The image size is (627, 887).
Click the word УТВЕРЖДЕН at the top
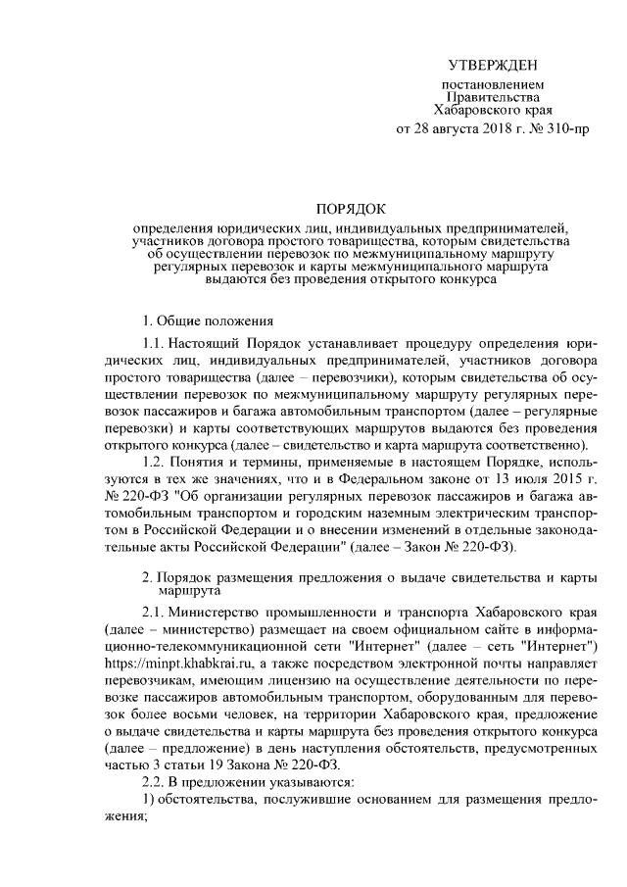(x=492, y=66)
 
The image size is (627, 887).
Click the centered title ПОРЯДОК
(x=350, y=209)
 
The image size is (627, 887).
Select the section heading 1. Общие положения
(x=201, y=320)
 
